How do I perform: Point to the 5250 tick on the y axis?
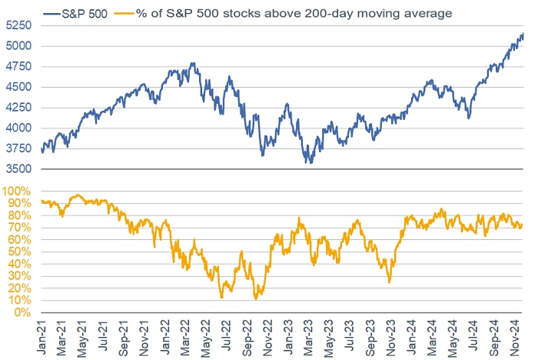pyautogui.click(x=16, y=25)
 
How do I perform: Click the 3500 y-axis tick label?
pyautogui.click(x=16, y=168)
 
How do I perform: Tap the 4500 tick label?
pyautogui.click(x=16, y=87)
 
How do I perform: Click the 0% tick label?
pyautogui.click(x=22, y=313)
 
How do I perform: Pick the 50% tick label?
pyautogui.click(x=19, y=252)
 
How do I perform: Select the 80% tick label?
pyautogui.click(x=19, y=215)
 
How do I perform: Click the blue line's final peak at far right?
pyautogui.click(x=523, y=34)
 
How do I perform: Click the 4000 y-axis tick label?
pyautogui.click(x=16, y=128)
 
